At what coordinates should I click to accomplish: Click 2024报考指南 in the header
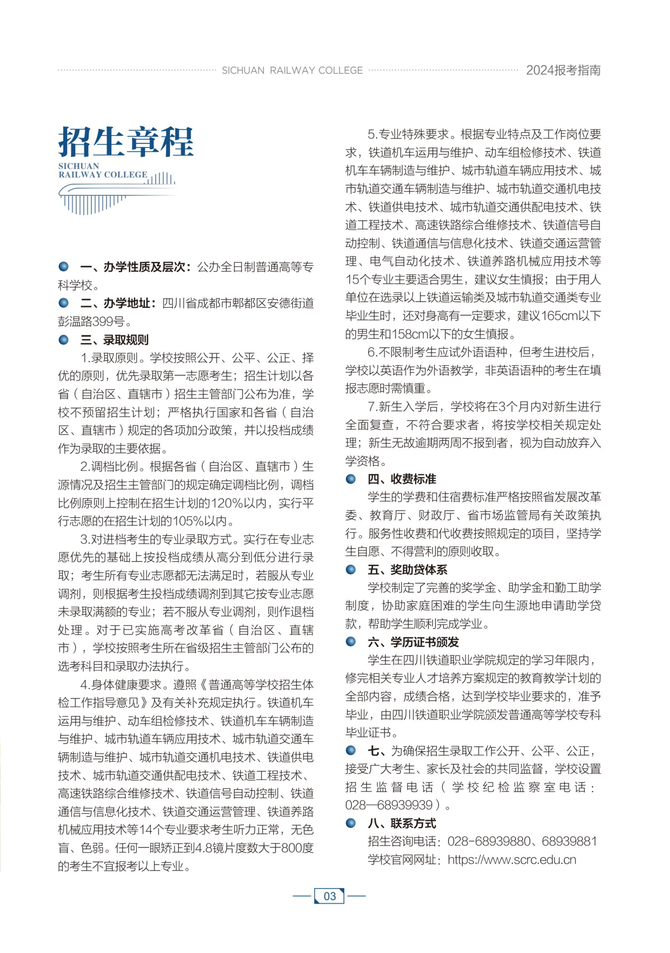563,71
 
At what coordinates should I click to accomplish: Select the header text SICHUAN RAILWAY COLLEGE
292,71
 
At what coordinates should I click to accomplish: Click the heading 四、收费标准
402,479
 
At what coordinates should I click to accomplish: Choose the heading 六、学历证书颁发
413,642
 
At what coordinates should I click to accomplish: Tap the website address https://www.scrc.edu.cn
512,860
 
